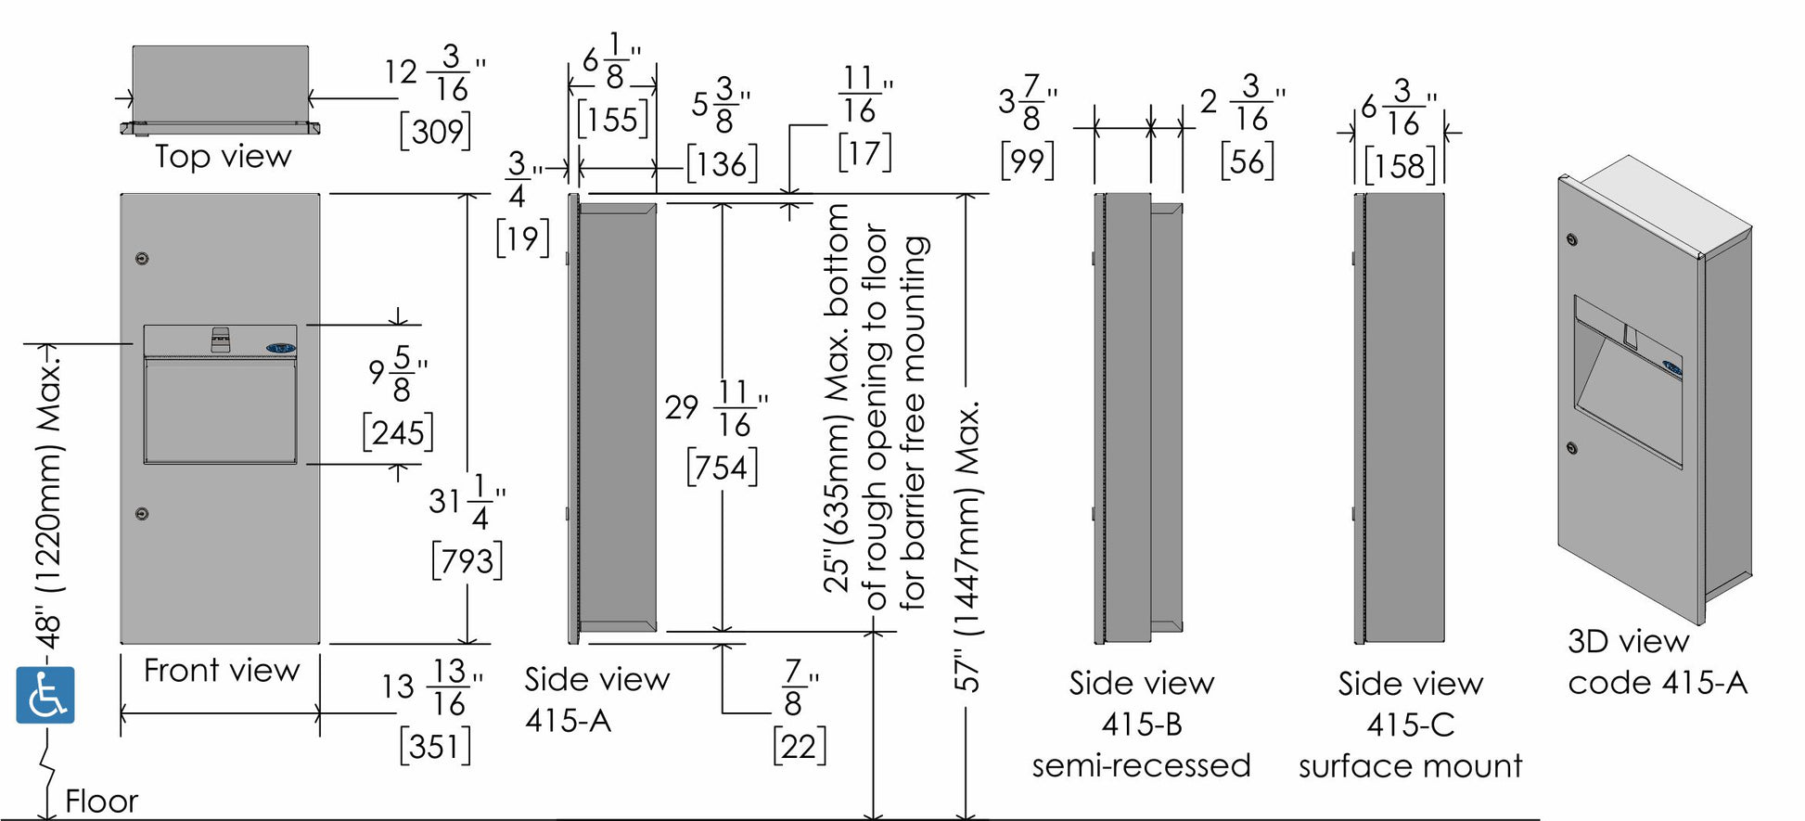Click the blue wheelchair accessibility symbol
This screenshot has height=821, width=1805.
pyautogui.click(x=45, y=695)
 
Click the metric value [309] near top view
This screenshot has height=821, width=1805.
pyautogui.click(x=435, y=132)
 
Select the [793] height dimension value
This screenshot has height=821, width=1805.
pyautogui.click(x=467, y=561)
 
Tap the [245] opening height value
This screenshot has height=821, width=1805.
pyautogui.click(x=398, y=433)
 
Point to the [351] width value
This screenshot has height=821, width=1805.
pyautogui.click(x=435, y=746)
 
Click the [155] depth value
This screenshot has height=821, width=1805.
pyautogui.click(x=612, y=120)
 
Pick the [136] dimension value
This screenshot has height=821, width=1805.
pyautogui.click(x=722, y=165)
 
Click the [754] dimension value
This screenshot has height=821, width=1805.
pyautogui.click(x=722, y=467)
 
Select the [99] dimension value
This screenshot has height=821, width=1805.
pyautogui.click(x=1027, y=161)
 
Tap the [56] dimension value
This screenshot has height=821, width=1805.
pyautogui.click(x=1248, y=162)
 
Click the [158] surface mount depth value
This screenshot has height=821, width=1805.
pyautogui.click(x=1400, y=167)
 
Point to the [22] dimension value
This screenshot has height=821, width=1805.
pyautogui.click(x=799, y=747)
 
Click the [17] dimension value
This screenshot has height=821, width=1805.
pyautogui.click(x=864, y=152)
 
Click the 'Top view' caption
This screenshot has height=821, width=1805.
pyautogui.click(x=223, y=157)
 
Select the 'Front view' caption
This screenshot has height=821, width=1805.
pyautogui.click(x=222, y=670)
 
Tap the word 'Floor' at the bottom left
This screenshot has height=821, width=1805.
pyautogui.click(x=101, y=801)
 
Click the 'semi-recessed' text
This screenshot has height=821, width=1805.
pyautogui.click(x=1141, y=766)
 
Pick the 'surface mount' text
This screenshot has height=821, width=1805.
pyautogui.click(x=1410, y=766)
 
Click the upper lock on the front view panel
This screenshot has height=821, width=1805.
pyautogui.click(x=141, y=258)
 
